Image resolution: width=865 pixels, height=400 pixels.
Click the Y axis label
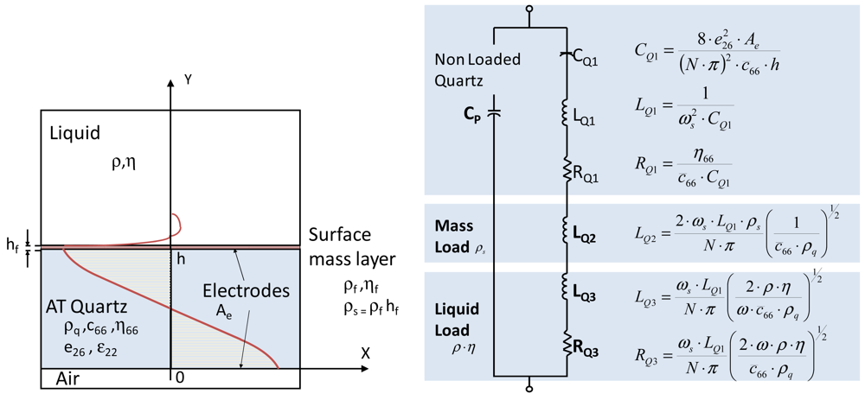(x=189, y=79)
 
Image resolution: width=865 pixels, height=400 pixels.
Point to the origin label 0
(x=180, y=378)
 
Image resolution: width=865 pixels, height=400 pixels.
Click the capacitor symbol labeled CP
(x=494, y=112)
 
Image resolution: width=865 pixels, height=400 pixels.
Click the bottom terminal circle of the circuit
(x=529, y=390)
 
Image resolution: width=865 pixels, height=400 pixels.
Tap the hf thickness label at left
(x=13, y=246)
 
